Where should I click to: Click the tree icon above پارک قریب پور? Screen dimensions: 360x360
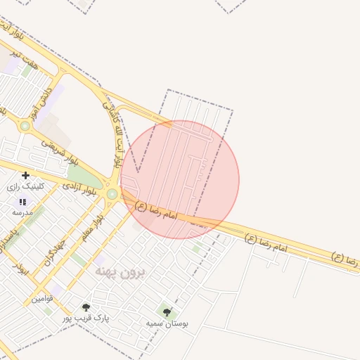coord(86,307)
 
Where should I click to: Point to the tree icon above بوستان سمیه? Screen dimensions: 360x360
coord(167,312)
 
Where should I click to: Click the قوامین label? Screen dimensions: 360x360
coord(41,299)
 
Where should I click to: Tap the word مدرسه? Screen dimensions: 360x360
coord(22,212)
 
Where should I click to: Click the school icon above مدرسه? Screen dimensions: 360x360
coord(22,202)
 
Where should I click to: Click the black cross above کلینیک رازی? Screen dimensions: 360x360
coord(26,175)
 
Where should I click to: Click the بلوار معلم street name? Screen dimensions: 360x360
coord(92,229)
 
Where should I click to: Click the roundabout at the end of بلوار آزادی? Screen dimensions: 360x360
coord(112,193)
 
